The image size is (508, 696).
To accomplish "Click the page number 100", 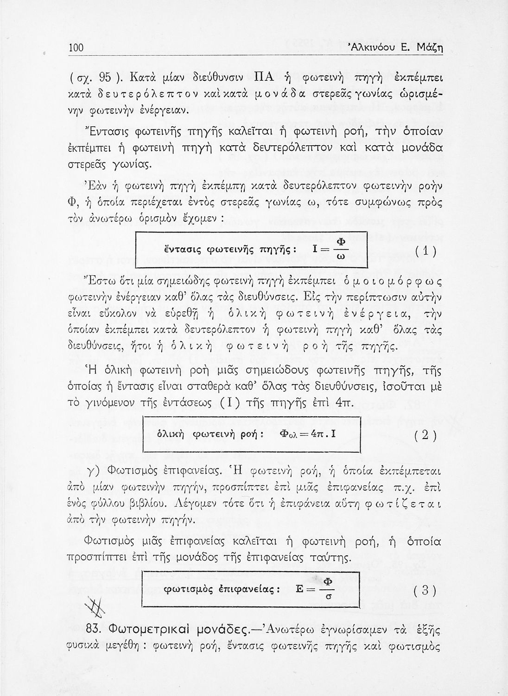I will (x=76, y=48).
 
